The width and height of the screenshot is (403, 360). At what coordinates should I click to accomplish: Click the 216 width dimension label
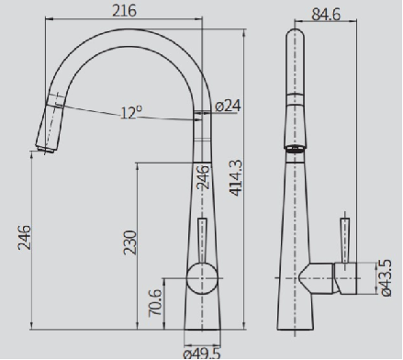point(124,11)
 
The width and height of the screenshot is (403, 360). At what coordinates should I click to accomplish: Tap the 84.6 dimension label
point(326,15)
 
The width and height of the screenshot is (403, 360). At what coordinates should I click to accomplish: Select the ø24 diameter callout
point(228,106)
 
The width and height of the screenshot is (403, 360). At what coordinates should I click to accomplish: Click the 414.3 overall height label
point(236,178)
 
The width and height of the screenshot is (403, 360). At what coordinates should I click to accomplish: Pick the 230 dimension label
point(129,242)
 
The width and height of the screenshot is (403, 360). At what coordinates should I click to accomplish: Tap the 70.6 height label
point(154,303)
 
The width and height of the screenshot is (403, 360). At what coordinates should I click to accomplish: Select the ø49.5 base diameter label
point(202,354)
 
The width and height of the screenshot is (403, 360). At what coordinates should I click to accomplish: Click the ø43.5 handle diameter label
point(386,278)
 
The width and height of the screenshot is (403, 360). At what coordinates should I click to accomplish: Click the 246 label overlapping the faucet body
point(203,177)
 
